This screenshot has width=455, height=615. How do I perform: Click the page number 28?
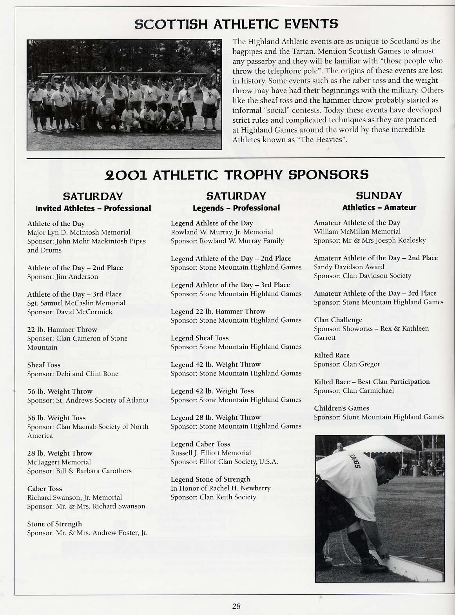tap(236, 606)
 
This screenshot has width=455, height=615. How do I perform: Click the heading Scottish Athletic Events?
tap(236, 24)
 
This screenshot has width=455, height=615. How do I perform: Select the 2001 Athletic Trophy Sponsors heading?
tap(237, 175)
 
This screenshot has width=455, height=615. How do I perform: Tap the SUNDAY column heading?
tap(379, 196)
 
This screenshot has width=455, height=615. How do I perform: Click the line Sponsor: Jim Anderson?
tap(63, 277)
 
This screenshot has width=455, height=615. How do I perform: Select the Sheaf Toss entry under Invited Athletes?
tap(44, 365)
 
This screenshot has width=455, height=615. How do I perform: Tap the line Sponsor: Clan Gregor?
tap(347, 364)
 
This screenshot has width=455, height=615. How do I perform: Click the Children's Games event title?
tap(341, 408)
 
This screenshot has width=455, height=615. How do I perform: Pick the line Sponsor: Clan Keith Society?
tap(213, 497)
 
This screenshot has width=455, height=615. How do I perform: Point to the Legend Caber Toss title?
tap(200, 444)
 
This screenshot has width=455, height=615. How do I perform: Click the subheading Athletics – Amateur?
tap(379, 208)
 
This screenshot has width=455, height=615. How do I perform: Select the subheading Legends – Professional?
tap(236, 208)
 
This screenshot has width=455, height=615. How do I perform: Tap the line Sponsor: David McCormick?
tap(70, 312)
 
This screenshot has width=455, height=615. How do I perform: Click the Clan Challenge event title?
tap(338, 320)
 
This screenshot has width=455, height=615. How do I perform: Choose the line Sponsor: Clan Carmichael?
tap(353, 390)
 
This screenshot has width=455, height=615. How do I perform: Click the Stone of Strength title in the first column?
tap(54, 524)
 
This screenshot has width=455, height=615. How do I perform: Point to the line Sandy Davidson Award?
tap(349, 267)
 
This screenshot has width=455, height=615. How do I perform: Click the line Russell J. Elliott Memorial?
tap(211, 453)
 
